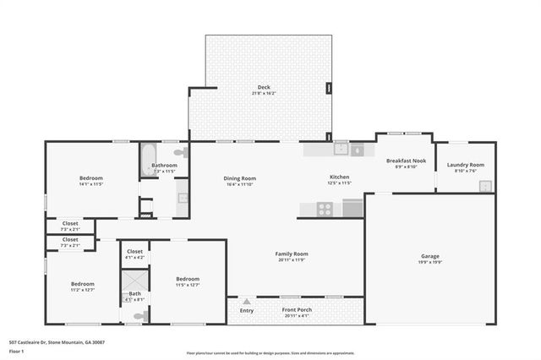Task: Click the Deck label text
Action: pos(265,87)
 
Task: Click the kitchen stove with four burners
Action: pos(325,209)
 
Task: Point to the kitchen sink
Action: pos(340,150)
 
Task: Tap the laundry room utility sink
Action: pos(485,187)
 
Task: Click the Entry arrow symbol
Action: pos(246,302)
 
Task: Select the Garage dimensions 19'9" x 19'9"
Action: pos(430,262)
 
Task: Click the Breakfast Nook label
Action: pos(406,161)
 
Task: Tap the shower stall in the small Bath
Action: pos(134,281)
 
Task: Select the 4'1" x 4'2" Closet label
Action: pos(134,251)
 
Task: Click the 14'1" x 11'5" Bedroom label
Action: pos(91,177)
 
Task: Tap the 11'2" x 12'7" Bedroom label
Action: pos(82,284)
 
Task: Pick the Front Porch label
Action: pos(297,310)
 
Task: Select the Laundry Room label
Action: pos(465,164)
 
